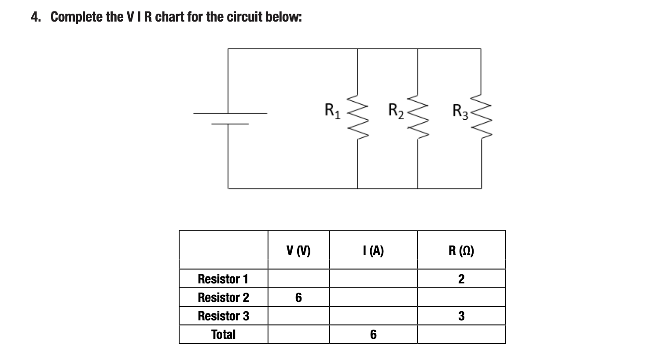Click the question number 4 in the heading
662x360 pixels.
click(x=35, y=17)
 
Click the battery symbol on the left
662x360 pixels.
click(x=229, y=118)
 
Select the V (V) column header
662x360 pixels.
click(x=298, y=250)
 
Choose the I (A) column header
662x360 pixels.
click(x=373, y=250)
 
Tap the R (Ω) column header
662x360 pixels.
click(x=461, y=250)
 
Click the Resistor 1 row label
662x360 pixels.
click(x=223, y=279)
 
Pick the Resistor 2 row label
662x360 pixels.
click(x=223, y=298)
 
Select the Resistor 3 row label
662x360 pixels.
click(x=223, y=316)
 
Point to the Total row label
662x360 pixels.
click(x=223, y=334)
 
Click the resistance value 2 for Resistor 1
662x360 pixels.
click(x=461, y=279)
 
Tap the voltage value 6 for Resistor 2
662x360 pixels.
click(x=298, y=298)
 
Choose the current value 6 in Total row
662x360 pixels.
click(x=373, y=335)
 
